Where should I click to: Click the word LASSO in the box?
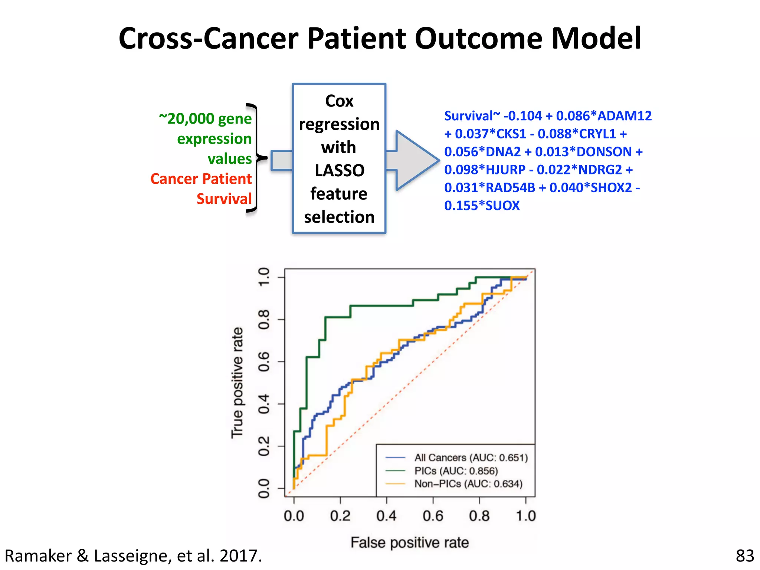coord(339,171)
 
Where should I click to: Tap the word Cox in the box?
coord(339,101)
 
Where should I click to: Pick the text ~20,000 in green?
coord(187,119)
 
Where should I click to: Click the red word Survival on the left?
coord(224,199)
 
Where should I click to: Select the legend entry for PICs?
coord(456,471)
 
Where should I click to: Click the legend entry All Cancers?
coord(471,458)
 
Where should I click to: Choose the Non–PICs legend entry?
coord(468,484)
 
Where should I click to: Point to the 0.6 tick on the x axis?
coord(433,516)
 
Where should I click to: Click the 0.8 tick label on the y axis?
coord(264,320)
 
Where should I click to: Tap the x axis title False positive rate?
coord(410,543)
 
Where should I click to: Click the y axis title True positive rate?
coord(237,383)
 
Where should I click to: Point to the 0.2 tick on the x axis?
coord(340,516)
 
